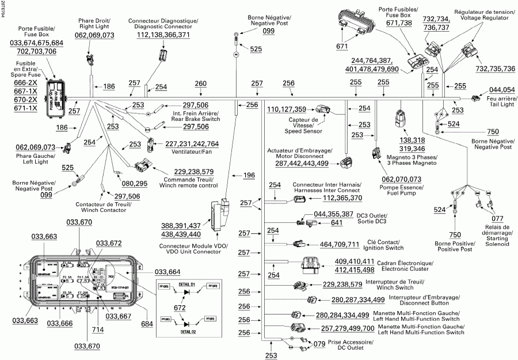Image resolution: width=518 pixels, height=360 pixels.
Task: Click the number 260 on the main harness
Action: point(200,84)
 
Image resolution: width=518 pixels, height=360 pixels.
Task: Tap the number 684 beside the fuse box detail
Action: point(147,324)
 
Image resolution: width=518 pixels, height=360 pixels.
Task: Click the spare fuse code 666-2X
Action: point(26,82)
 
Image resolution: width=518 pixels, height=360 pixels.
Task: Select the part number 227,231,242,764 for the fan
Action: point(192,144)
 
